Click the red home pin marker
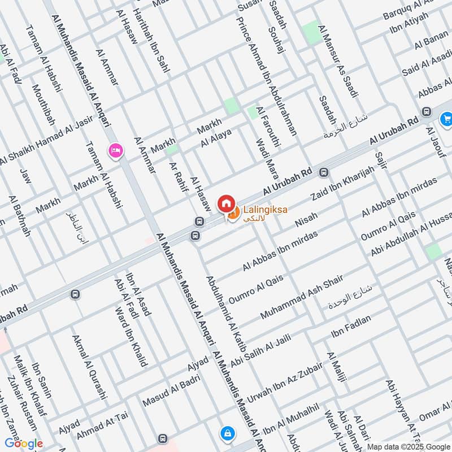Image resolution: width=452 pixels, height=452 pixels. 225,203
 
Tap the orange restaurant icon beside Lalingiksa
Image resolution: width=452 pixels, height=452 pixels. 232,213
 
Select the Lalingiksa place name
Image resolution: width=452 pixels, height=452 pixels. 265,210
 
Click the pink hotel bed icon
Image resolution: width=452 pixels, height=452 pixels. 115,151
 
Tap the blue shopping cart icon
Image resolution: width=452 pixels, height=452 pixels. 446,119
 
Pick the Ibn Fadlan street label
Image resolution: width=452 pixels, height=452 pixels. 351,327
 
